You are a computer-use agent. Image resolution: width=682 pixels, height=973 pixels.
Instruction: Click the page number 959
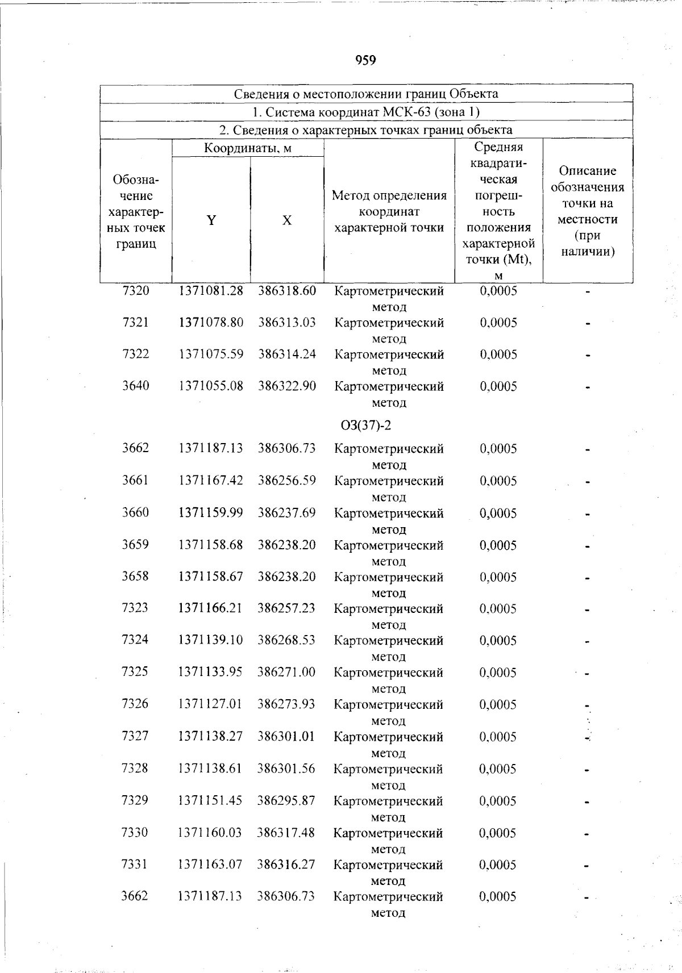(x=366, y=60)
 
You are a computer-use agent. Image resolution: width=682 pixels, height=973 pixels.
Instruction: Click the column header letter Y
(x=211, y=220)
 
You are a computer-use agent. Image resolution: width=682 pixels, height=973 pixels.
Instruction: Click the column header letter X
(x=287, y=220)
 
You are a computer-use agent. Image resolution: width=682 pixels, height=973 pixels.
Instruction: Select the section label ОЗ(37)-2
(x=365, y=425)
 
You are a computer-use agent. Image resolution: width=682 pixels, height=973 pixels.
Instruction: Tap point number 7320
(x=136, y=291)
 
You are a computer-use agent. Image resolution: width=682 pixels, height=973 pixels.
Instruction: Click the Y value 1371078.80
(x=211, y=323)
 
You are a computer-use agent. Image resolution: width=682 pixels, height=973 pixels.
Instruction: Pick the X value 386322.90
(x=287, y=386)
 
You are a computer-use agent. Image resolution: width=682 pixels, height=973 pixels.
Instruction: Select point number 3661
(x=135, y=481)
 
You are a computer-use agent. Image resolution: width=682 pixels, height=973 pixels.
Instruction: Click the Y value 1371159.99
(x=211, y=513)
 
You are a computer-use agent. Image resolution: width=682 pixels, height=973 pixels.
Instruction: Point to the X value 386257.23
(x=286, y=608)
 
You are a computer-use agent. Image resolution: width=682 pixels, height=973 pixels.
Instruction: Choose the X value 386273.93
(x=286, y=704)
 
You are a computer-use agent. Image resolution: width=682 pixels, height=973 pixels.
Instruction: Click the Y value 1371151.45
(x=210, y=800)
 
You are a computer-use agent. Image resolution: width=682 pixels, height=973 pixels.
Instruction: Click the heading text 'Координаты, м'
(x=248, y=148)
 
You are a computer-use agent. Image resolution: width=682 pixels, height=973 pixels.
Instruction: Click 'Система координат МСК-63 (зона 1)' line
(x=366, y=112)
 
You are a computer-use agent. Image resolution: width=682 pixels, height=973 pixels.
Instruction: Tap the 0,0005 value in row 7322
(x=498, y=354)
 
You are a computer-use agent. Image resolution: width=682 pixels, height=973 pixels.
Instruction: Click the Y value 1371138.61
(x=210, y=769)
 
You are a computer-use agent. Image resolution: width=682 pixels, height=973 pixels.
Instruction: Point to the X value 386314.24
(x=287, y=354)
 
